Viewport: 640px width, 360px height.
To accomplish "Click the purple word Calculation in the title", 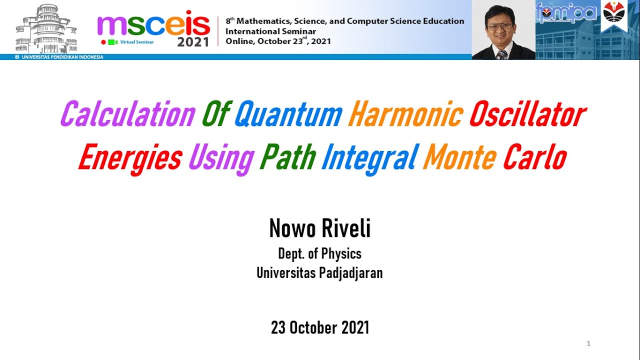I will pos(127,114).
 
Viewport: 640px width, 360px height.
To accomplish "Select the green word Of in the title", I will pos(215,114).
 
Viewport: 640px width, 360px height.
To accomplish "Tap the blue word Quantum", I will pos(288,114).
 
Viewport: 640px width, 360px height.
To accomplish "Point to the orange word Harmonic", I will pos(405,114).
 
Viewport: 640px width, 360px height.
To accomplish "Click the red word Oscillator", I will pos(527,114).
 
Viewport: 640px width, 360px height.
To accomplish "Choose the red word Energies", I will pos(129,158).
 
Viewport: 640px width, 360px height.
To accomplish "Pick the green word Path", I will pos(287,158).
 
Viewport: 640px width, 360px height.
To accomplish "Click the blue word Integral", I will pos(369,158).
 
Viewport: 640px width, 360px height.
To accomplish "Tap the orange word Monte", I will pos(459,158).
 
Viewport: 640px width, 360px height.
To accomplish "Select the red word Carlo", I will pos(534,158).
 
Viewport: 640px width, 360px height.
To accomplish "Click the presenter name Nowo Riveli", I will pos(320,229).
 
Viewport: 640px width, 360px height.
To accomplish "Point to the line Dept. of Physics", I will pos(320,254).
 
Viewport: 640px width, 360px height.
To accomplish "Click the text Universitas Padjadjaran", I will pos(320,273).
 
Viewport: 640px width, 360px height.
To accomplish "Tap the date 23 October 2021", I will pos(320,327).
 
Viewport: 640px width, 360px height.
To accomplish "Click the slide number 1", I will pos(588,343).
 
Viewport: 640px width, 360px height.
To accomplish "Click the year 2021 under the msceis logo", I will pos(193,42).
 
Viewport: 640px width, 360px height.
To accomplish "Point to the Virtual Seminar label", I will pos(136,42).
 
